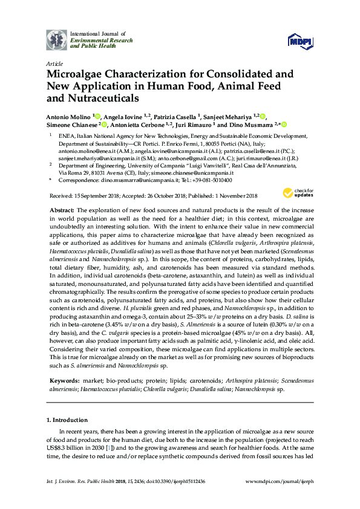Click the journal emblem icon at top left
tap(57, 39)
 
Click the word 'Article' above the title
tap(54, 63)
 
